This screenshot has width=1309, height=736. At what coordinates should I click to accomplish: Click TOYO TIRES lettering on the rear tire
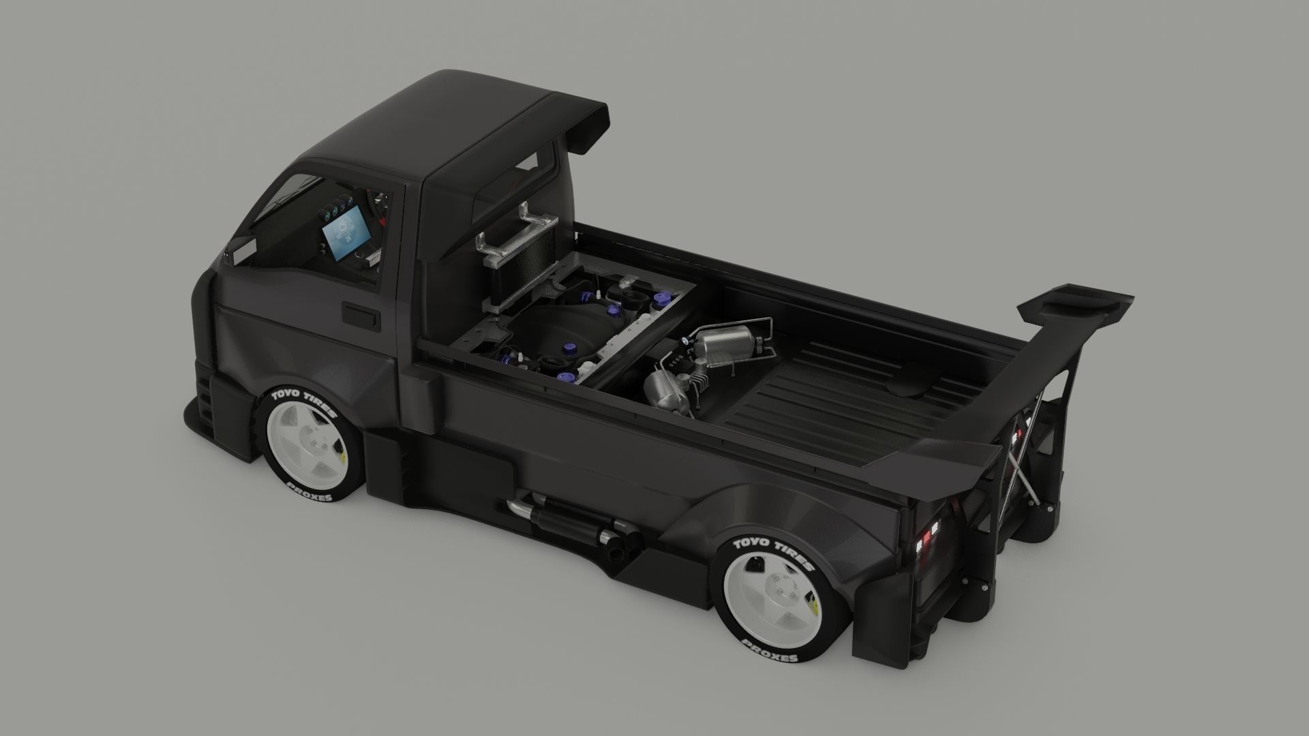coord(773,551)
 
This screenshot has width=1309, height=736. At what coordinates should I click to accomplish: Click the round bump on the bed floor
coord(914,388)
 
